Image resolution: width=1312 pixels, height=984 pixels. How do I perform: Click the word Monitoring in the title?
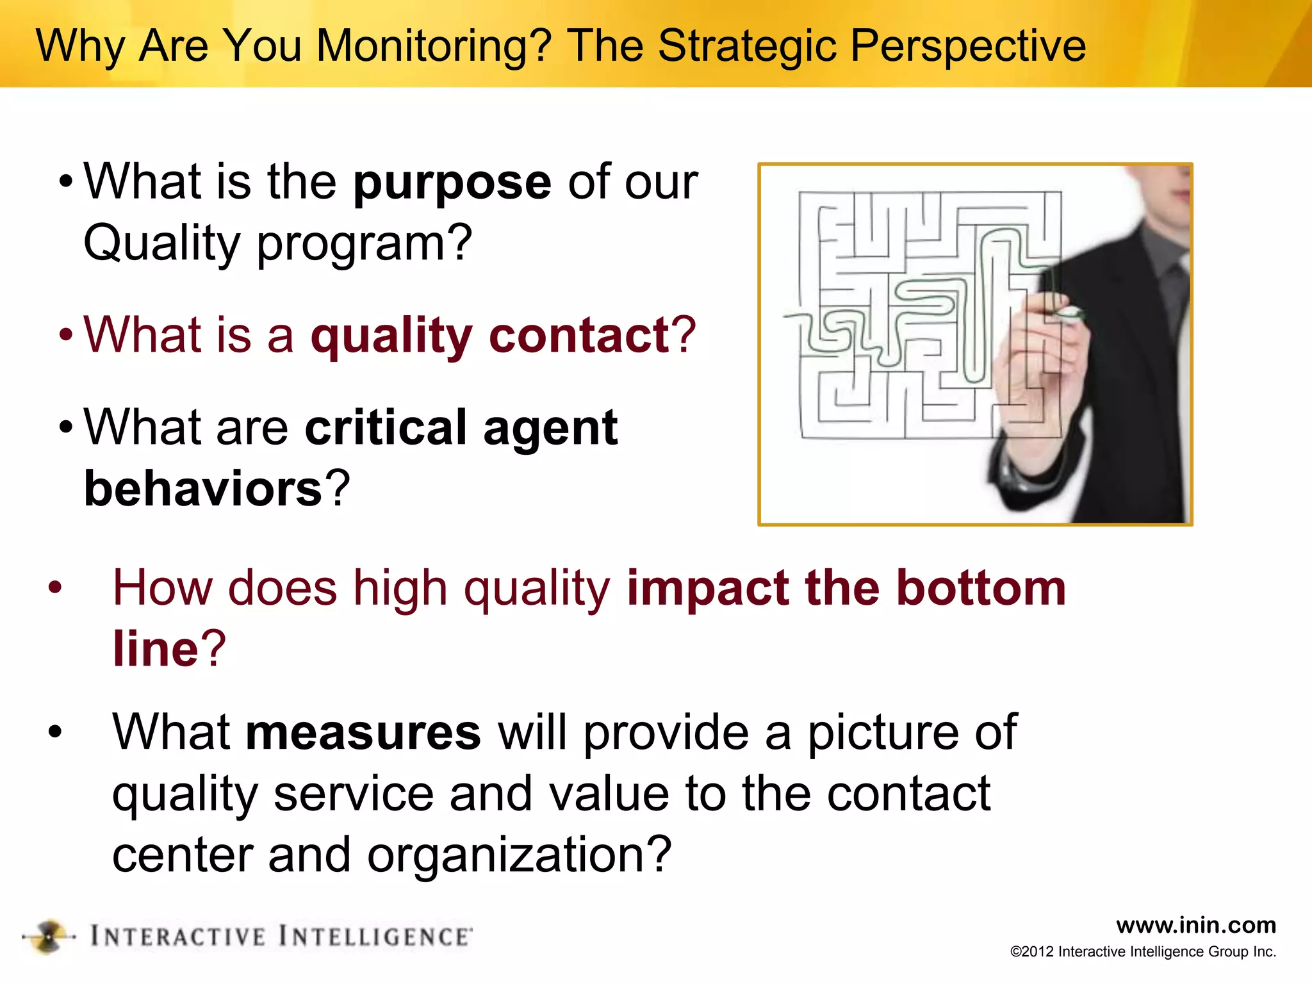(434, 46)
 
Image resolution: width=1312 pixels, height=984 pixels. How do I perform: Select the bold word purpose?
(452, 183)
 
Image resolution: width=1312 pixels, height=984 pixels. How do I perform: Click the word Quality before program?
(161, 243)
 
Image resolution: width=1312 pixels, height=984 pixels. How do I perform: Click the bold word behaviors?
(203, 489)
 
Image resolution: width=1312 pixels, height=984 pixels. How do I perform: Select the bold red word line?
(156, 648)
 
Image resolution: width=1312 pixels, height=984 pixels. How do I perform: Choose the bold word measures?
(363, 732)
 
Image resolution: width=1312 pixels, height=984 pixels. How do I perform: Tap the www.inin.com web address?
(1195, 925)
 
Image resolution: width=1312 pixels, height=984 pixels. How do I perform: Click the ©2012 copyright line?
(1143, 952)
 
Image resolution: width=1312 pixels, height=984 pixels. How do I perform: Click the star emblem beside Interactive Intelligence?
(49, 937)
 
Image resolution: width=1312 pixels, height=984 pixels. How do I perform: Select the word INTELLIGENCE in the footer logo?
(375, 937)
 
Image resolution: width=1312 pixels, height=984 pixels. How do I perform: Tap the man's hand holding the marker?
(1031, 359)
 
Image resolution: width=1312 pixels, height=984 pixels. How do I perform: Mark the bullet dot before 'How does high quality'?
(55, 587)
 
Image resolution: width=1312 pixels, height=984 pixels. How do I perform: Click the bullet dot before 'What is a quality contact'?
(66, 335)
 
